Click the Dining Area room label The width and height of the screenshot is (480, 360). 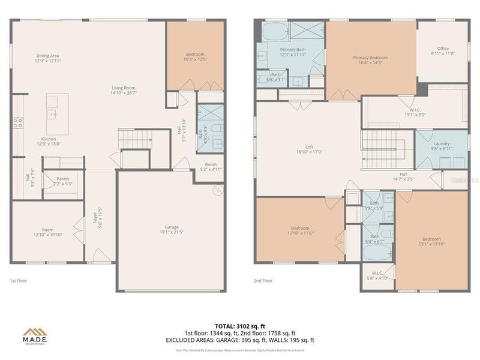pos(47,58)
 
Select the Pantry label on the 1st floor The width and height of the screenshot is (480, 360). pos(64,181)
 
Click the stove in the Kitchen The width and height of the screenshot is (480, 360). pos(18,123)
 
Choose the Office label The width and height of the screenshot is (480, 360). pos(443,51)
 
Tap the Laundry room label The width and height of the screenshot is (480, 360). pos(442,146)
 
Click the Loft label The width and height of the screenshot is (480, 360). pos(309,149)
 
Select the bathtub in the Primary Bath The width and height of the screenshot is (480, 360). pos(272,30)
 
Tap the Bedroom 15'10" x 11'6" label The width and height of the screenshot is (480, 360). pos(300,230)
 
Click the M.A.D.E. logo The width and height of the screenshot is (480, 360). pos(36,334)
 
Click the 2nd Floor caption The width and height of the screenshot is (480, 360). pos(263,281)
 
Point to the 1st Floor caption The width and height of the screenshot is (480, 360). pos(18,281)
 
